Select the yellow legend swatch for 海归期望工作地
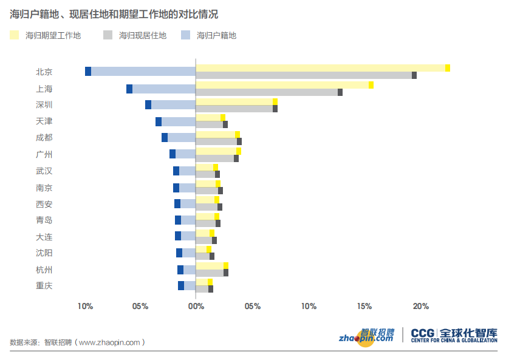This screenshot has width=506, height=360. point(15,35)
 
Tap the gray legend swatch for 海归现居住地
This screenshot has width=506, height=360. point(109,35)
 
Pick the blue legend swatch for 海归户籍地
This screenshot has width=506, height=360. point(186,35)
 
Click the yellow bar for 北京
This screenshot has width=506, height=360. point(322,68)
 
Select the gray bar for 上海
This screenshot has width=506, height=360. point(268,92)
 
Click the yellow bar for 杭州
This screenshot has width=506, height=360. point(211,265)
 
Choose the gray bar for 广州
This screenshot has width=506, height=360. point(216,158)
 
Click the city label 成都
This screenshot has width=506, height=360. point(44,137)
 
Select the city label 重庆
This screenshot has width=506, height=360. point(44,285)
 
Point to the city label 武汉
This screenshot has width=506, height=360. point(44,171)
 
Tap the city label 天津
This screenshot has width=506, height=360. point(44,121)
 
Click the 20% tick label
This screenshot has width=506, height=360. point(421,306)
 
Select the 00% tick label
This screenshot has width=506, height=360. point(196,306)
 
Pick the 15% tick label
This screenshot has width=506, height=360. point(364,306)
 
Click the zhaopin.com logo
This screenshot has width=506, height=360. point(366,336)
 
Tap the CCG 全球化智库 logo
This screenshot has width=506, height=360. point(454,335)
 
